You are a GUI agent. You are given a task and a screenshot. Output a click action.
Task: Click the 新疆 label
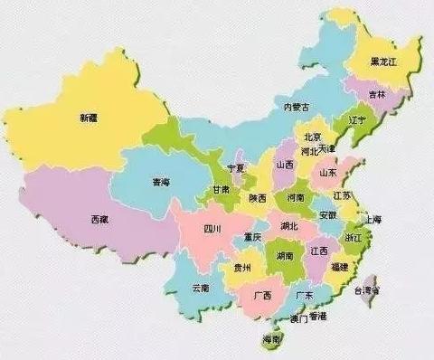pyautogui.click(x=89, y=118)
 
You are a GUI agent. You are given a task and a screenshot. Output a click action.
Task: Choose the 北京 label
pyautogui.click(x=312, y=135)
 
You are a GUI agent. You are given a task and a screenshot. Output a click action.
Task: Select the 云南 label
pyautogui.click(x=201, y=289)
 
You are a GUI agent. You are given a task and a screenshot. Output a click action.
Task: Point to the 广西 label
pyautogui.click(x=263, y=295)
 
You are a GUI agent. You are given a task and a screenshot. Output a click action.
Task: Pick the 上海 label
pyautogui.click(x=371, y=220)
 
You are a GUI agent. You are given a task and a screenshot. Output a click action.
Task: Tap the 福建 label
pyautogui.click(x=340, y=268)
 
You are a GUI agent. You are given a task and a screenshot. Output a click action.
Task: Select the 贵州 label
pyautogui.click(x=241, y=268)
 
